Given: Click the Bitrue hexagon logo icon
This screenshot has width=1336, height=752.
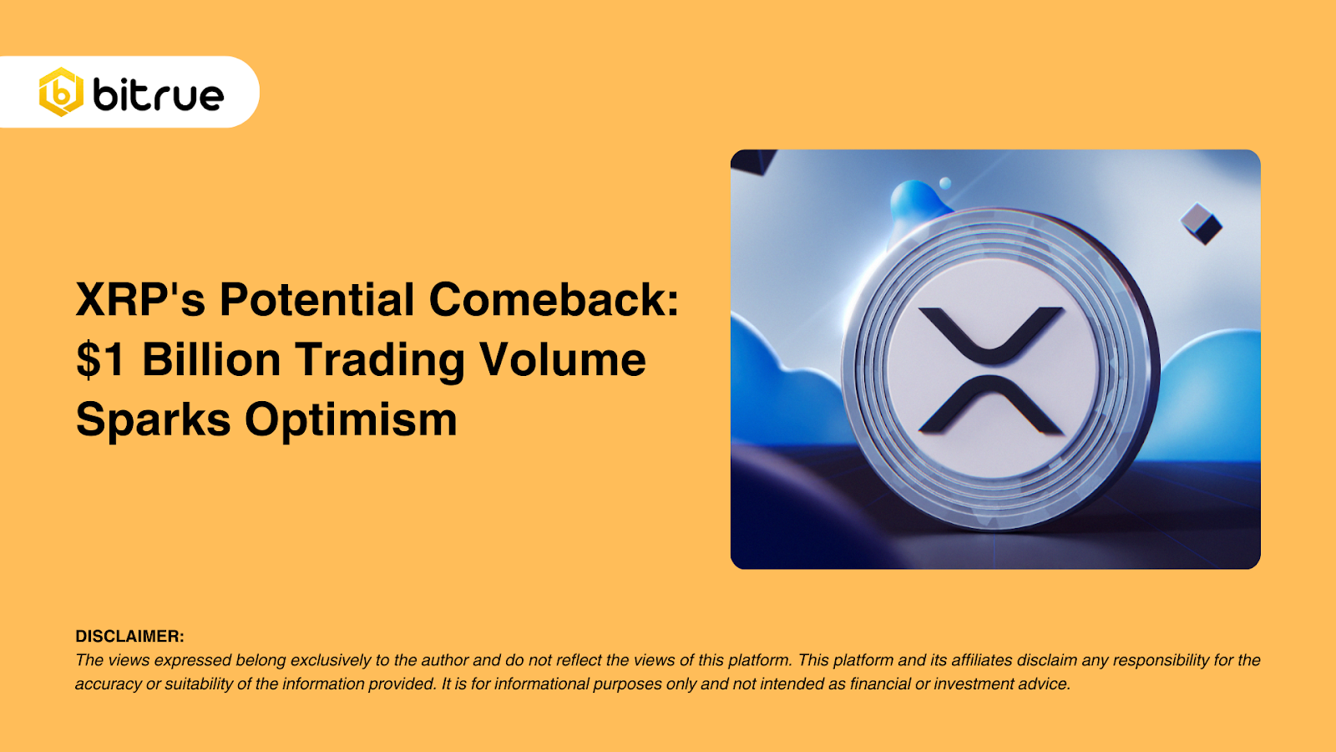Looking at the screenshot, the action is tap(61, 92).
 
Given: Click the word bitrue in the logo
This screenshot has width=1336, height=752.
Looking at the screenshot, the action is tap(159, 94).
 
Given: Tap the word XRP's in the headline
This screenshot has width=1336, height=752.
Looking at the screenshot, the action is tap(141, 299).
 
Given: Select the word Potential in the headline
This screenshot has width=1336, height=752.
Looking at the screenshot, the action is tap(316, 299).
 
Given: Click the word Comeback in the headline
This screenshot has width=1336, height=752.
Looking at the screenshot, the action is tap(549, 299).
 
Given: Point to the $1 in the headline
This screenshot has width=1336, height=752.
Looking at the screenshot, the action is tap(101, 359).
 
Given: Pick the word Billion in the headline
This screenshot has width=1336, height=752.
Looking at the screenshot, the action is tap(211, 359).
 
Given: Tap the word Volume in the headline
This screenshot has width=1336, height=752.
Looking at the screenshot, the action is tap(564, 359).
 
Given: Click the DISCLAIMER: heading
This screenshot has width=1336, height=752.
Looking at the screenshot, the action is tap(130, 636).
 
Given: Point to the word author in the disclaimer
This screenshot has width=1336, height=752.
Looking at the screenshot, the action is tap(445, 660).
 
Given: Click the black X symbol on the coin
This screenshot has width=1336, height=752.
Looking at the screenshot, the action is tap(990, 371).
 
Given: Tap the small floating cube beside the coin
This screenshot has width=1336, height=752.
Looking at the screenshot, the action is tap(1202, 224).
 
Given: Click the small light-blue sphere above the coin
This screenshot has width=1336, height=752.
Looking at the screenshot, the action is tap(945, 183).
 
